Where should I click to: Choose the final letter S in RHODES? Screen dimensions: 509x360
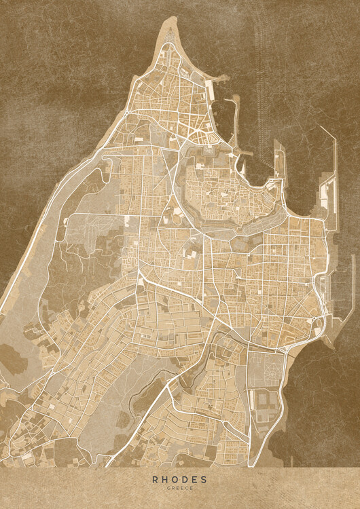point(206,479)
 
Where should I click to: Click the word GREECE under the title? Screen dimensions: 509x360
point(180,488)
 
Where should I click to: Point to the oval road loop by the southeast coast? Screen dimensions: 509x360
point(317,332)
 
